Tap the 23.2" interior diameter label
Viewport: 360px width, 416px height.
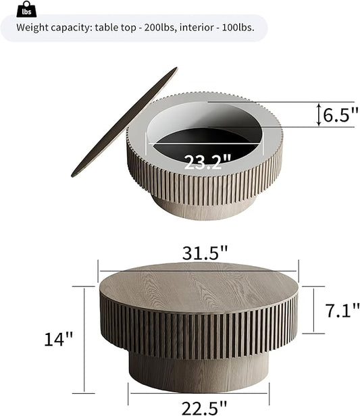click(207, 161)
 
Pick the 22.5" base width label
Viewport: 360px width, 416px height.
click(199, 407)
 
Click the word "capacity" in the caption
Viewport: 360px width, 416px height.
click(74, 28)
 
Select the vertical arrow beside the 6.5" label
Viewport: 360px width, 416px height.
click(319, 115)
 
